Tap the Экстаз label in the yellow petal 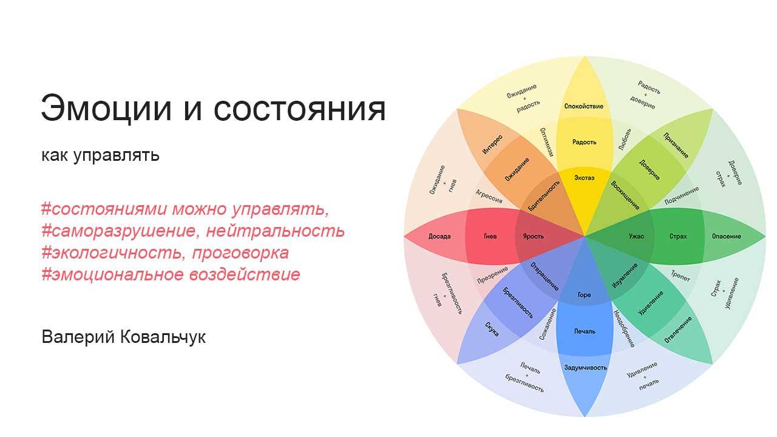(x=584, y=178)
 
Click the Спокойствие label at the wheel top (x=584, y=106)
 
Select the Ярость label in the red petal (x=533, y=236)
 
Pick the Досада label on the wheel (x=439, y=236)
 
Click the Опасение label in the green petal (x=726, y=236)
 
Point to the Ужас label (x=636, y=236)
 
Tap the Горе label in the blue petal (x=584, y=295)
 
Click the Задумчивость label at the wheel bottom (x=585, y=367)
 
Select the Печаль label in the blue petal (x=585, y=331)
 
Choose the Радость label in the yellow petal (x=584, y=142)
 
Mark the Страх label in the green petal (x=678, y=236)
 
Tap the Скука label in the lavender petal (x=492, y=328)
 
